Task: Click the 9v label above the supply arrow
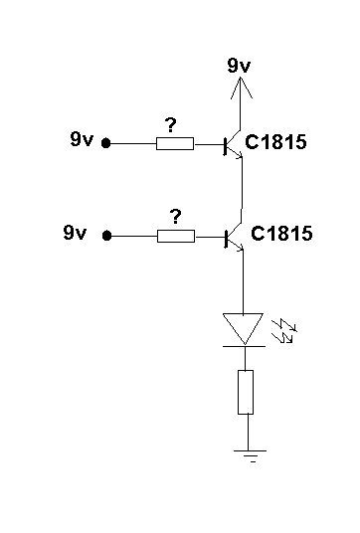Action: pyautogui.click(x=239, y=65)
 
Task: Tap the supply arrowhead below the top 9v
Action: pyautogui.click(x=241, y=88)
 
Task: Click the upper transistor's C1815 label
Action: pyautogui.click(x=275, y=142)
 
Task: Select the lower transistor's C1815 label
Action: pyautogui.click(x=281, y=234)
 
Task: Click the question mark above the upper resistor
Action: pyautogui.click(x=170, y=125)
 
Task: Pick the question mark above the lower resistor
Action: pyautogui.click(x=175, y=217)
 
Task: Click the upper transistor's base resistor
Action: pyautogui.click(x=175, y=144)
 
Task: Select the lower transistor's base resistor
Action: pyautogui.click(x=176, y=236)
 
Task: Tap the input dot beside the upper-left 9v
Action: pyautogui.click(x=106, y=143)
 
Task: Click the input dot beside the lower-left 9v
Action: pyautogui.click(x=106, y=236)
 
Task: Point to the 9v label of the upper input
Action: pyautogui.click(x=82, y=138)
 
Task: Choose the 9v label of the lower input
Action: pyautogui.click(x=75, y=233)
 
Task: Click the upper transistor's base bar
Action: pyautogui.click(x=225, y=146)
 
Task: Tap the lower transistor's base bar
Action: pyautogui.click(x=226, y=239)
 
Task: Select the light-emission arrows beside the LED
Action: pyautogui.click(x=284, y=331)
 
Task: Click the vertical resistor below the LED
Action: pyautogui.click(x=246, y=392)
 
